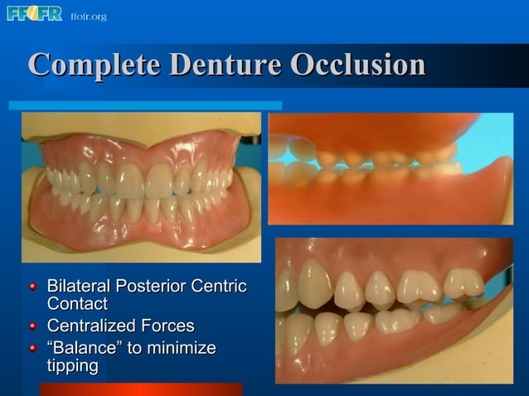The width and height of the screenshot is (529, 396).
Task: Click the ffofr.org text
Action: click(x=89, y=17)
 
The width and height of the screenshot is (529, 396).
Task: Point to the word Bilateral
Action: click(x=79, y=287)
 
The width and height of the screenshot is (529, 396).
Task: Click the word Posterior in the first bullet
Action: click(x=152, y=287)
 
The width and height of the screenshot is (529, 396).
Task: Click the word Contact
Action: click(x=76, y=305)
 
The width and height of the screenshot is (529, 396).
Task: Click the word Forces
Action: click(x=169, y=326)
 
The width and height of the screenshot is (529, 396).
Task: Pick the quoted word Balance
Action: click(x=87, y=346)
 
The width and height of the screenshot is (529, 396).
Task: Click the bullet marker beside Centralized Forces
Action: click(x=33, y=326)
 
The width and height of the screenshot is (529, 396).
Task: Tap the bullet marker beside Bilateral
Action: click(x=33, y=287)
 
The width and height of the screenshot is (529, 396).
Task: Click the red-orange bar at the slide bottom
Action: click(x=141, y=389)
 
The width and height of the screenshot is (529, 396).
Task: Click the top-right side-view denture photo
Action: click(x=390, y=168)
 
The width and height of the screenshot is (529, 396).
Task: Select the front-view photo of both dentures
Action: click(x=141, y=186)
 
